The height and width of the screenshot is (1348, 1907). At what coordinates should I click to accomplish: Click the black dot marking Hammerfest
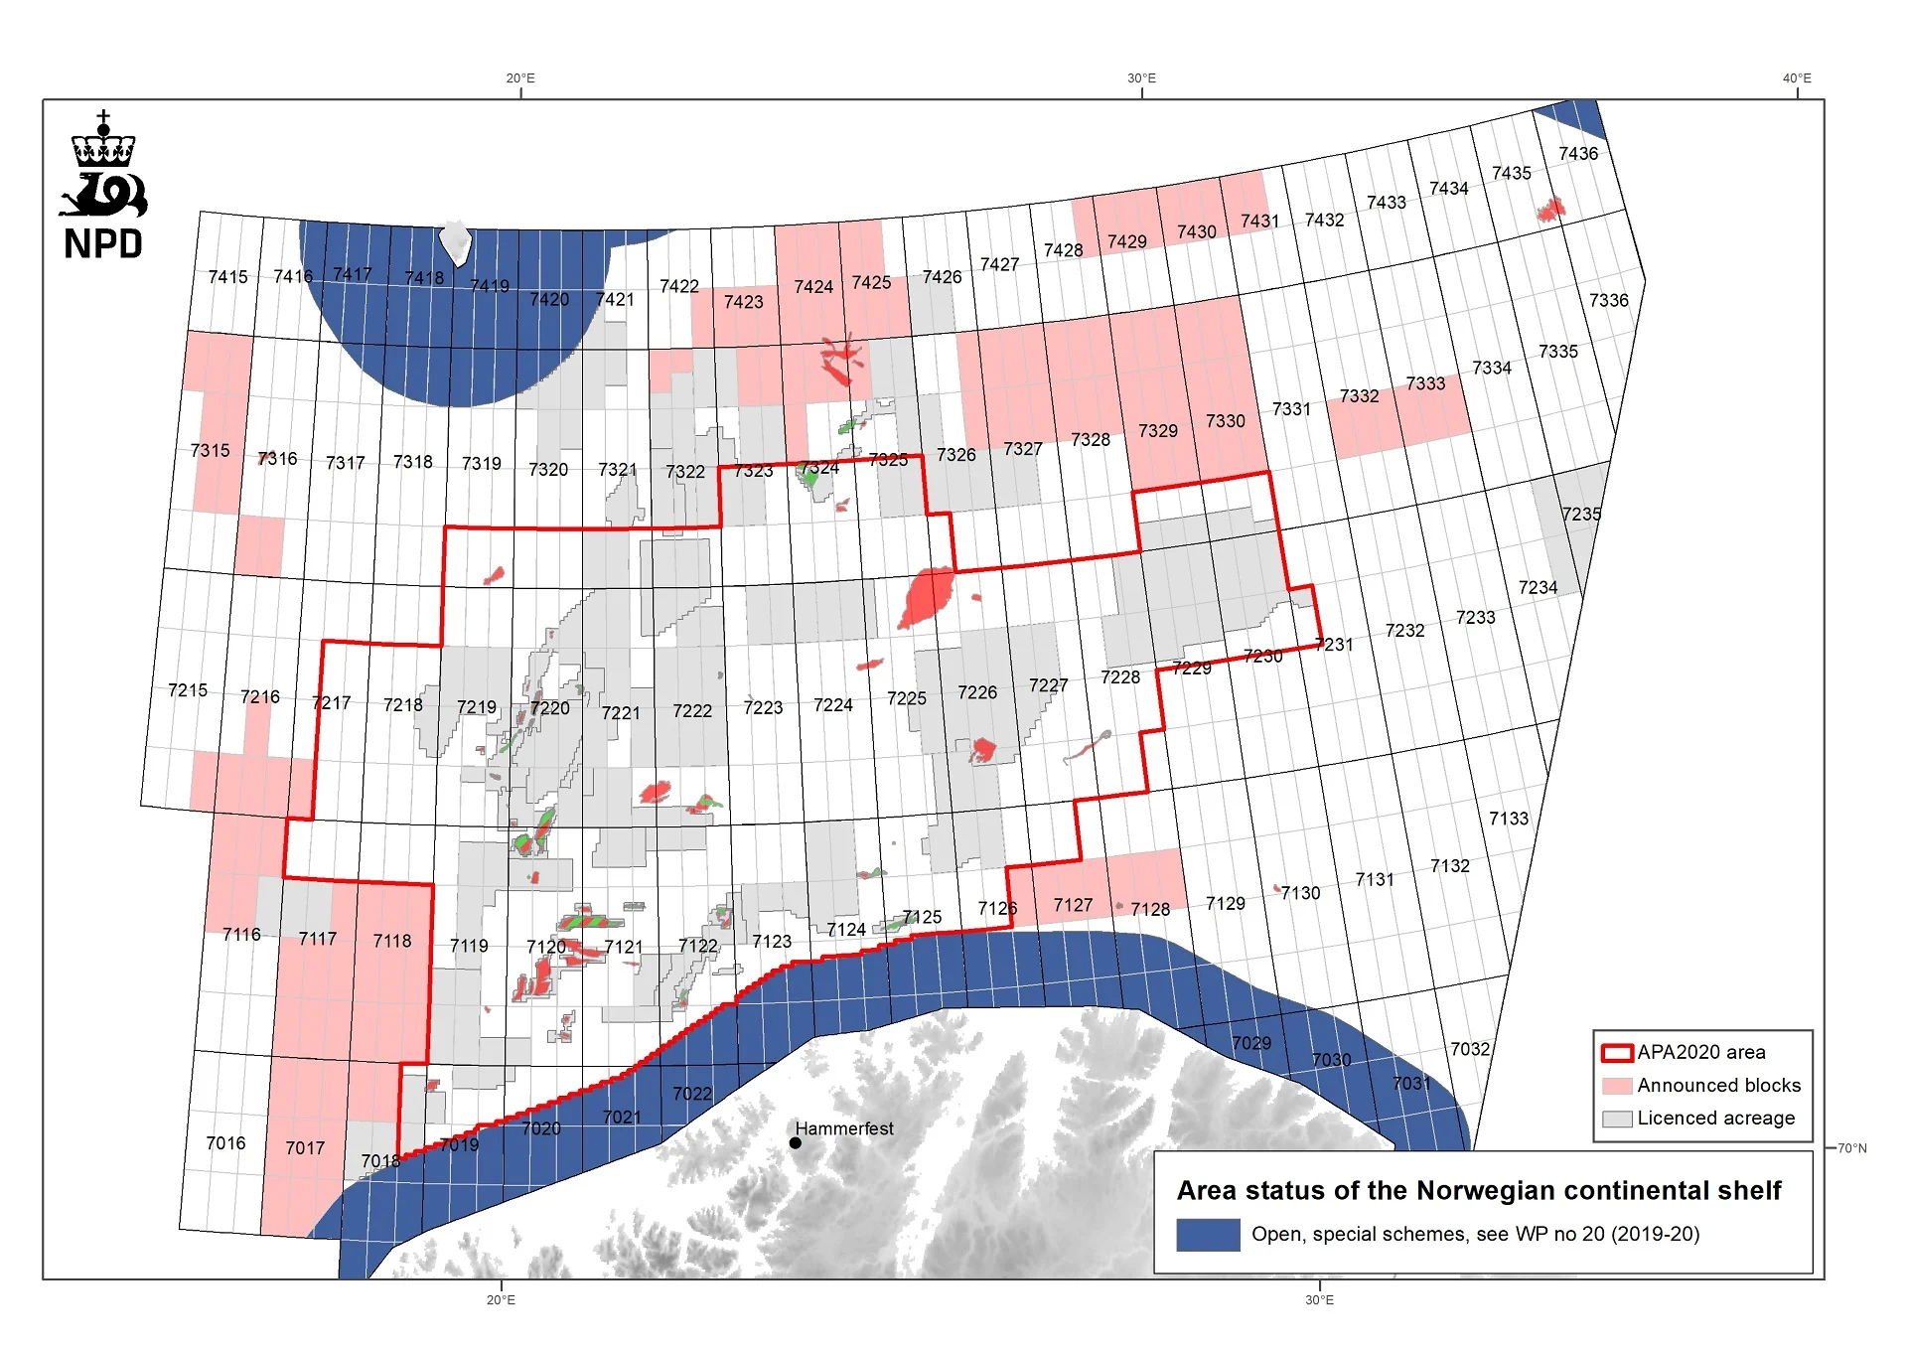(796, 1143)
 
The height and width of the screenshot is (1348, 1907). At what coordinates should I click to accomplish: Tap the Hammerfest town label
(844, 1128)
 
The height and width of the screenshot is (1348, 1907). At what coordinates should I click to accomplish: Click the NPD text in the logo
(103, 244)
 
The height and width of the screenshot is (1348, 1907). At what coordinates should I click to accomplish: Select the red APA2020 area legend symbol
(1617, 1053)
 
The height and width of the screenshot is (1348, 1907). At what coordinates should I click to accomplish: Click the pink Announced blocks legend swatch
(1617, 1086)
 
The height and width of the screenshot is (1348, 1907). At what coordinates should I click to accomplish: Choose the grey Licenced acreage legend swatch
(1617, 1119)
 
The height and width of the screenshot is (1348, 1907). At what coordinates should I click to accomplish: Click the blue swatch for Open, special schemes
(1208, 1235)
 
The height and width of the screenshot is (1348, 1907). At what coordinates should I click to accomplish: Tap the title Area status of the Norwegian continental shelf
(1479, 1190)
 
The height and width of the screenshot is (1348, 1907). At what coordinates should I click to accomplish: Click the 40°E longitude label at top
(1797, 78)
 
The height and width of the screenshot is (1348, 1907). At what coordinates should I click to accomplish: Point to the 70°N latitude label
(1851, 1148)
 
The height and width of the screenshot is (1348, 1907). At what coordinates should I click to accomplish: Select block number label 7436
(1578, 154)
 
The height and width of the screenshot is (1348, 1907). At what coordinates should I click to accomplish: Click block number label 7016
(225, 1143)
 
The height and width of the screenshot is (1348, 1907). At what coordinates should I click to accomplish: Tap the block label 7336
(1608, 300)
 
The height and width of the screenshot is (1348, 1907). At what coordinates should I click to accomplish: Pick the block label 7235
(1581, 514)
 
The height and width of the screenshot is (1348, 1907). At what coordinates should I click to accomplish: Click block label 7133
(1509, 819)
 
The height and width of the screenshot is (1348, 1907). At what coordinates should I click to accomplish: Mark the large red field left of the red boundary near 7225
(928, 597)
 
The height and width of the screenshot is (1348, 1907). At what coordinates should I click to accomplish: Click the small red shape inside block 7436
(1550, 209)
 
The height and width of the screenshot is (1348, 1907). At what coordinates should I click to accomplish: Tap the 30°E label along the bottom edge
(1319, 1300)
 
